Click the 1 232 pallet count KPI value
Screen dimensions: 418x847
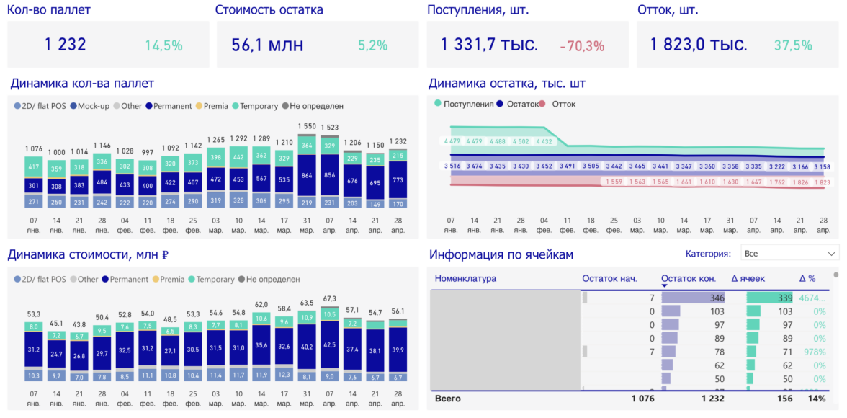(x=65, y=45)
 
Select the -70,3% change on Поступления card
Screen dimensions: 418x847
(x=582, y=46)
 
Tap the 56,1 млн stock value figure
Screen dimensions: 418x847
(x=267, y=45)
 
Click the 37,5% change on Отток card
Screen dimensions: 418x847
(x=792, y=45)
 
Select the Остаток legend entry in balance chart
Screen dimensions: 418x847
(x=522, y=104)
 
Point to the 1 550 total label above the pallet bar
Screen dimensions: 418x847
(x=307, y=127)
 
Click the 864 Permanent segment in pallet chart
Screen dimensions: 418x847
(x=307, y=175)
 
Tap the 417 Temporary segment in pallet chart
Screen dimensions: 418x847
(x=33, y=167)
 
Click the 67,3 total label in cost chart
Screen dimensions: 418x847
(x=330, y=298)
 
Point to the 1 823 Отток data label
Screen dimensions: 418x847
(x=821, y=182)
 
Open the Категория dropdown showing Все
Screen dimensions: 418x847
(x=790, y=254)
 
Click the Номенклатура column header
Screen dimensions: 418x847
(x=465, y=279)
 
